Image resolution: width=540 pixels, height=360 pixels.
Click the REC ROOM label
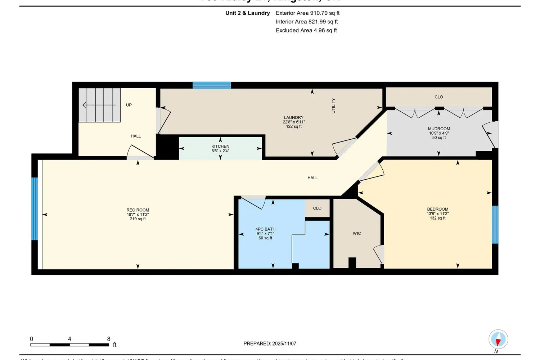(138, 210)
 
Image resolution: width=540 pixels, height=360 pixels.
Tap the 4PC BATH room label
(265, 229)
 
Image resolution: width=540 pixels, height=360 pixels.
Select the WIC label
(357, 233)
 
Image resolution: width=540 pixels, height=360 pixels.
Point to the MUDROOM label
(439, 129)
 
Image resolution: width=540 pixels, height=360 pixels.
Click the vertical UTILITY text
(333, 106)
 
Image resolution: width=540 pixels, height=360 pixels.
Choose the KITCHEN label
(220, 146)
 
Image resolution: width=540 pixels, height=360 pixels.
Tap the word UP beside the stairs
(129, 105)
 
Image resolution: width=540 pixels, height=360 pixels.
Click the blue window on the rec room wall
(35, 209)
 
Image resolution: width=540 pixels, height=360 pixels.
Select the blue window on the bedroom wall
(495, 225)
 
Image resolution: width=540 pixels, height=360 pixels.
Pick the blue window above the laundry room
(212, 85)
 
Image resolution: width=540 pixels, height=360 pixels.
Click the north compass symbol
(498, 339)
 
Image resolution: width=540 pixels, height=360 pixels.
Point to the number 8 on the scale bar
(109, 339)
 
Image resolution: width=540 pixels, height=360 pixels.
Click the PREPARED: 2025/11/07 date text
(270, 343)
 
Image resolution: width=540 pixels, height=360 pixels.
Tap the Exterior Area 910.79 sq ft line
(307, 13)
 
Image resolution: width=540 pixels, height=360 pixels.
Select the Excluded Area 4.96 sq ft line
(306, 30)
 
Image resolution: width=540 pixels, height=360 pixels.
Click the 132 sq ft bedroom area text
(438, 218)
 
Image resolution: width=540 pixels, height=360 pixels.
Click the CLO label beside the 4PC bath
(317, 208)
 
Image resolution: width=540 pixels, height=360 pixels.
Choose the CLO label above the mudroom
(438, 97)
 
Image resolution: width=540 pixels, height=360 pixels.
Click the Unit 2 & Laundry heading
(247, 13)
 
